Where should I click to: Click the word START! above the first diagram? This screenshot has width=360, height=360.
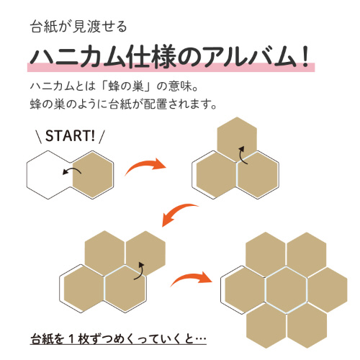pyautogui.click(x=70, y=136)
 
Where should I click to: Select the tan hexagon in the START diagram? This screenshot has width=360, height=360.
pyautogui.click(x=93, y=175)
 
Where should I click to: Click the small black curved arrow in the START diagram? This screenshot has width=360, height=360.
pyautogui.click(x=72, y=171)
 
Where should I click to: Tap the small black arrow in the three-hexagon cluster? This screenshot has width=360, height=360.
pyautogui.click(x=243, y=155)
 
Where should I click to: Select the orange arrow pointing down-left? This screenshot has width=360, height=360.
pyautogui.click(x=179, y=212)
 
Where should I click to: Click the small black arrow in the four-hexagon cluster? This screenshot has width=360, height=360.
pyautogui.click(x=140, y=271)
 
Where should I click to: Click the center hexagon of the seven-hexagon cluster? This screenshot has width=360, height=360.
pyautogui.click(x=287, y=290)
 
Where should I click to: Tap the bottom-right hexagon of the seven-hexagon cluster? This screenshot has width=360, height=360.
pyautogui.click(x=307, y=325)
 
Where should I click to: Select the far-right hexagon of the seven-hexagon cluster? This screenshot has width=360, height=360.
pyautogui.click(x=328, y=290)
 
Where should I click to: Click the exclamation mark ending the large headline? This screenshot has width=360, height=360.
pyautogui.click(x=305, y=57)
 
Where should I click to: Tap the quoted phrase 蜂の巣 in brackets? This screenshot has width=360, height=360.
pyautogui.click(x=125, y=86)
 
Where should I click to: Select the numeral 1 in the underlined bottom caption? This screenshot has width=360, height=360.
pyautogui.click(x=72, y=339)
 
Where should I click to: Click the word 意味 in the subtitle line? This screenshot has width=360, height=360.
pyautogui.click(x=180, y=86)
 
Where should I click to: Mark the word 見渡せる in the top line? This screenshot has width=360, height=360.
pyautogui.click(x=99, y=27)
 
